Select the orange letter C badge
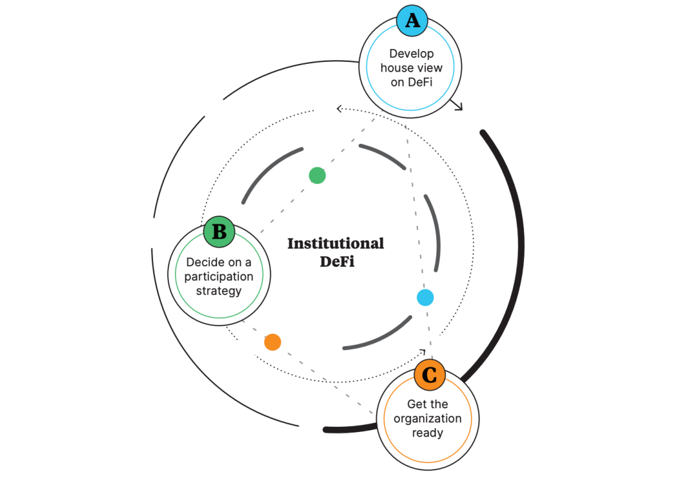coord(429,375)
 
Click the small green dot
coord(317,175)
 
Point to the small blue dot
coord(425,297)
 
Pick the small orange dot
coord(272,342)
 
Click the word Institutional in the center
coord(336,244)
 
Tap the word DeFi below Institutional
coord(337,262)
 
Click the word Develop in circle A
coord(411,54)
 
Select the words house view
coord(411,68)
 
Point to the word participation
coord(219,277)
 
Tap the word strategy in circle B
coord(219,291)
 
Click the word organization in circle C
coord(428,419)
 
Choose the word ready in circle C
coord(427,433)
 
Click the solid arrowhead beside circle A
coord(459,106)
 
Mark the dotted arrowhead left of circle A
coord(339,109)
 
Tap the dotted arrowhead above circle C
coord(423,352)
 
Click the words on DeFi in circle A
coord(411,82)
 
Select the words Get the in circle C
coord(427,404)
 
